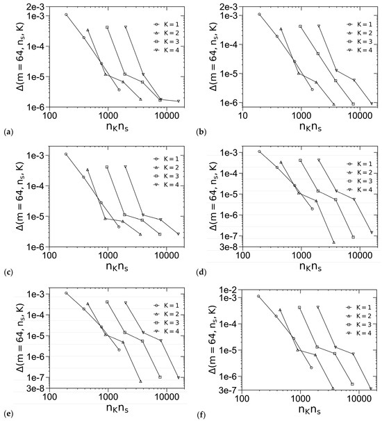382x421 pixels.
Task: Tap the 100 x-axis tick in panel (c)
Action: point(50,256)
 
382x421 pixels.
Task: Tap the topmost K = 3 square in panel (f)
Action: point(300,307)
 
